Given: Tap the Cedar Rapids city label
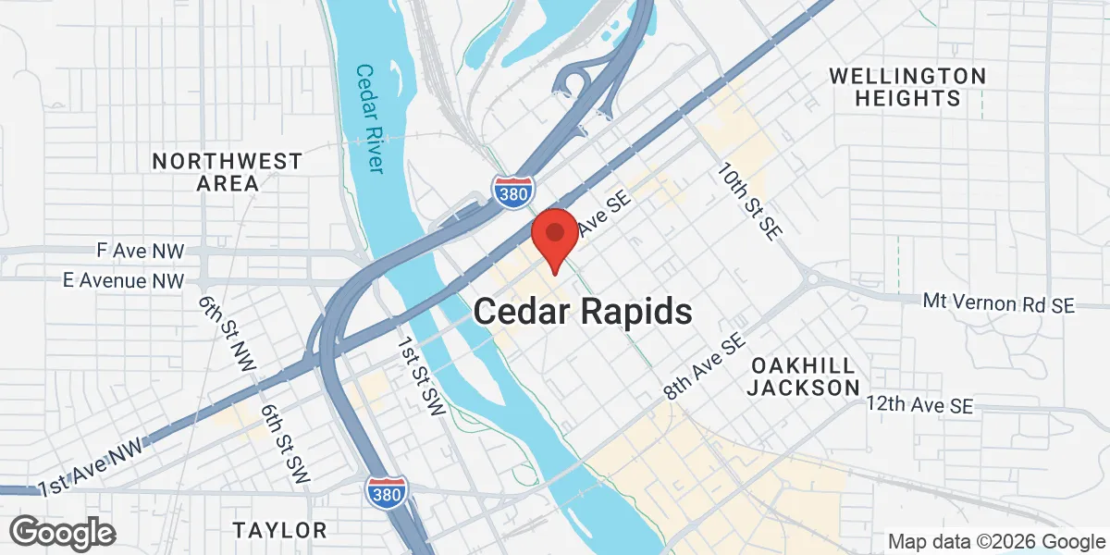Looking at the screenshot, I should (583, 311).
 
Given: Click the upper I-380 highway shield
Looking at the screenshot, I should (512, 191).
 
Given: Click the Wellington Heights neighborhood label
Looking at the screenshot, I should (906, 86).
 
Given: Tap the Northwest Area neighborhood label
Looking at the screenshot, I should (228, 172).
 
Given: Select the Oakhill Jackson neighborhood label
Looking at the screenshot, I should (803, 376).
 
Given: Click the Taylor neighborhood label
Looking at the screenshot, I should (280, 530).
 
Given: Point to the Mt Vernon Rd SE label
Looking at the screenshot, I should (999, 302).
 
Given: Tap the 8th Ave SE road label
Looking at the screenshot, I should (704, 368).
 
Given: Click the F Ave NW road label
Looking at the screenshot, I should (141, 251).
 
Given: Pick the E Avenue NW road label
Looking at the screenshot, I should (124, 279).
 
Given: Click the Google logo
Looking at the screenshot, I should (64, 532).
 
